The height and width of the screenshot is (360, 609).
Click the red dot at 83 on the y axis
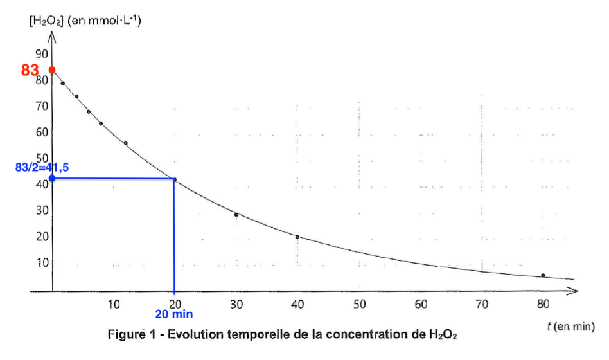(x=53, y=69)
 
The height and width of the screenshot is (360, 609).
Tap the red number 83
(x=30, y=70)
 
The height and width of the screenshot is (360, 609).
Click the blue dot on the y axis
(x=53, y=178)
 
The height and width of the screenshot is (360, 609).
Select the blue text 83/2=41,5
(x=44, y=167)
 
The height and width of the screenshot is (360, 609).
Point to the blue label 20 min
(x=174, y=314)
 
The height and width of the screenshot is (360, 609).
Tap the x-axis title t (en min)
(x=570, y=327)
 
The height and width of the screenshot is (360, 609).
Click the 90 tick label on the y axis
(x=42, y=54)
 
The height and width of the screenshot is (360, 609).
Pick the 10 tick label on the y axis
(x=42, y=262)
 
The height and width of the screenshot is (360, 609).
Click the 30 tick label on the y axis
(x=42, y=210)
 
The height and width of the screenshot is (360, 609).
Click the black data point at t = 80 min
(x=543, y=275)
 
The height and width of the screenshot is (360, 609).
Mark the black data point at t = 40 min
(x=297, y=237)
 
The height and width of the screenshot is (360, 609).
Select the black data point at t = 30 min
(x=236, y=215)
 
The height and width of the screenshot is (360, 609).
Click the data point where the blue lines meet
(x=174, y=179)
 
